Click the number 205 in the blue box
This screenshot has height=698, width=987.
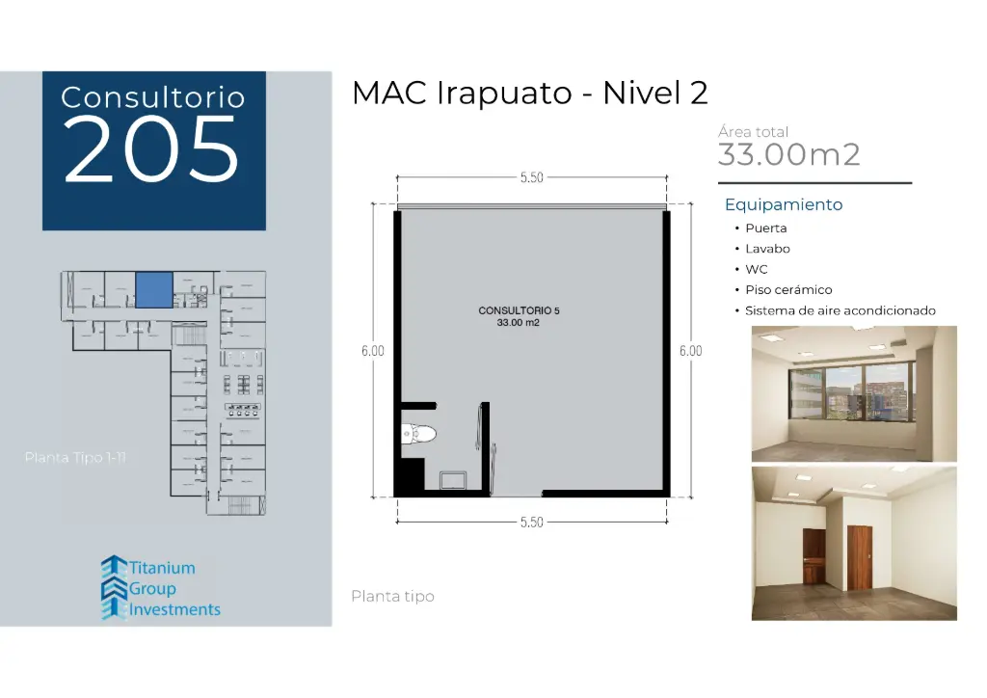click(151, 150)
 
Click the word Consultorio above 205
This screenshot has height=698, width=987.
click(152, 97)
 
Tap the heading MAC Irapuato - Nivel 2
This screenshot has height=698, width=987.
click(529, 94)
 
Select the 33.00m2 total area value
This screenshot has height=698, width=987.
click(788, 154)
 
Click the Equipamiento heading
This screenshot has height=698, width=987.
click(783, 204)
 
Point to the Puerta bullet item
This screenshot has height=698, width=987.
click(765, 228)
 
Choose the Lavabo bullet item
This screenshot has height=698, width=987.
click(767, 249)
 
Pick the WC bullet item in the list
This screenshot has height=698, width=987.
click(756, 269)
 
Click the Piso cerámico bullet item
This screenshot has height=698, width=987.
click(787, 289)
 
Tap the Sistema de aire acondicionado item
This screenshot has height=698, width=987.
click(840, 310)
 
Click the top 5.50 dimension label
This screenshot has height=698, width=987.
click(531, 177)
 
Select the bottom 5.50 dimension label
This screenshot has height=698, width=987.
click(531, 522)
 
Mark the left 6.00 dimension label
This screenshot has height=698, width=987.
click(373, 351)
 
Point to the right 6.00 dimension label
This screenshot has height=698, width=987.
click(690, 351)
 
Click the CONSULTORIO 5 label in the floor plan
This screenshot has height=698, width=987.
click(519, 311)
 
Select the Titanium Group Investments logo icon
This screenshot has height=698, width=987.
click(114, 587)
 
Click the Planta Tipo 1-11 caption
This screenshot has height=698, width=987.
click(75, 457)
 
